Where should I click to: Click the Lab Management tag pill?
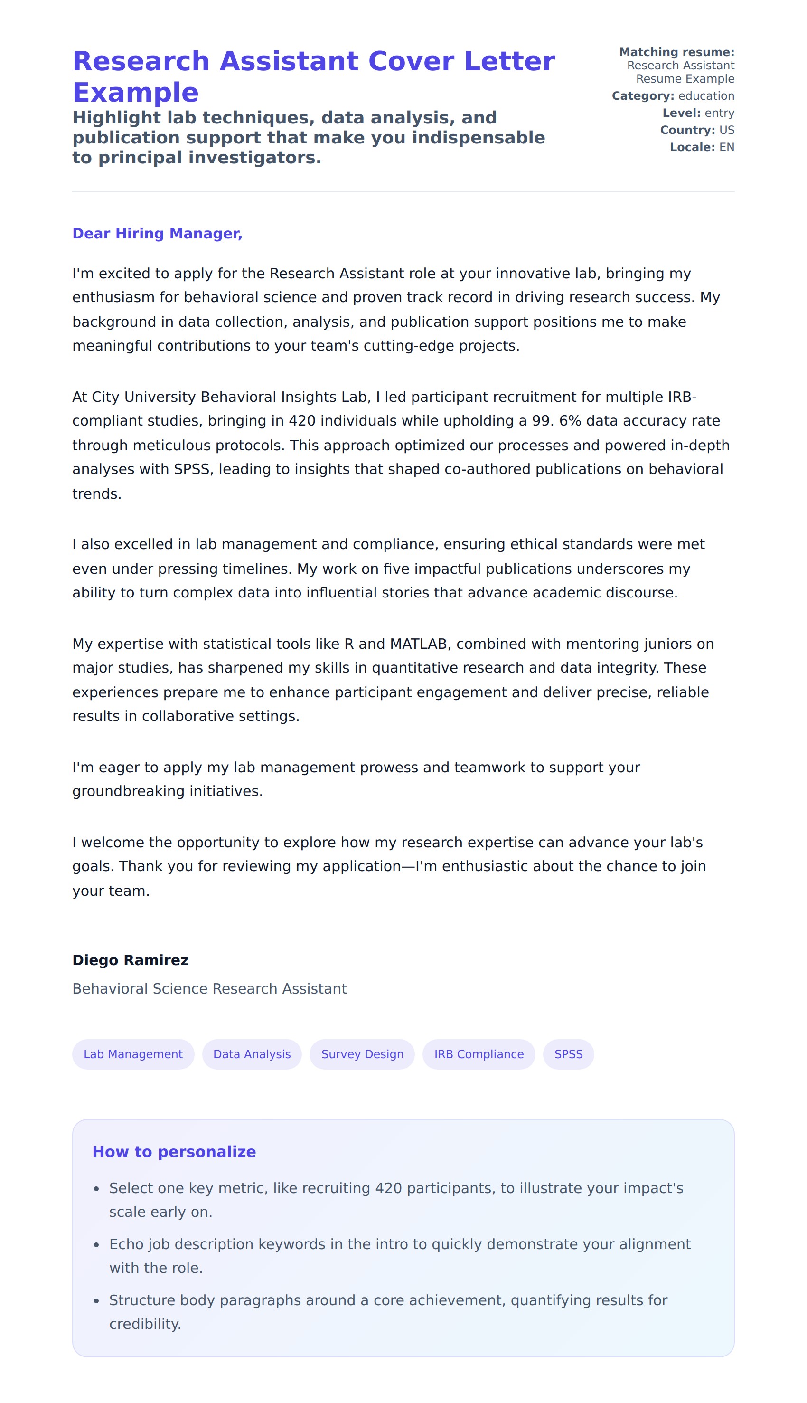133,1054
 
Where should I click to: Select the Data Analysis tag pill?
252,1054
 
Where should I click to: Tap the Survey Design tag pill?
362,1054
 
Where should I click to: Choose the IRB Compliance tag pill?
479,1054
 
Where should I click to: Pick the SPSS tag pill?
568,1054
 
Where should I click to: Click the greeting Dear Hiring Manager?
158,234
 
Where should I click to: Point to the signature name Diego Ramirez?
130,960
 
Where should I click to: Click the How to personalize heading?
174,1152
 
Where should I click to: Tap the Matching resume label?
676,52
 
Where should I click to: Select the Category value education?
706,96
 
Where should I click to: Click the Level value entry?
720,113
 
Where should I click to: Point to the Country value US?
727,130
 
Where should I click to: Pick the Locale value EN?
727,148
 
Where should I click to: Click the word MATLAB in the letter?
419,644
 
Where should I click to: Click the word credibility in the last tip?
145,1324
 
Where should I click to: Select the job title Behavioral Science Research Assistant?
209,989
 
